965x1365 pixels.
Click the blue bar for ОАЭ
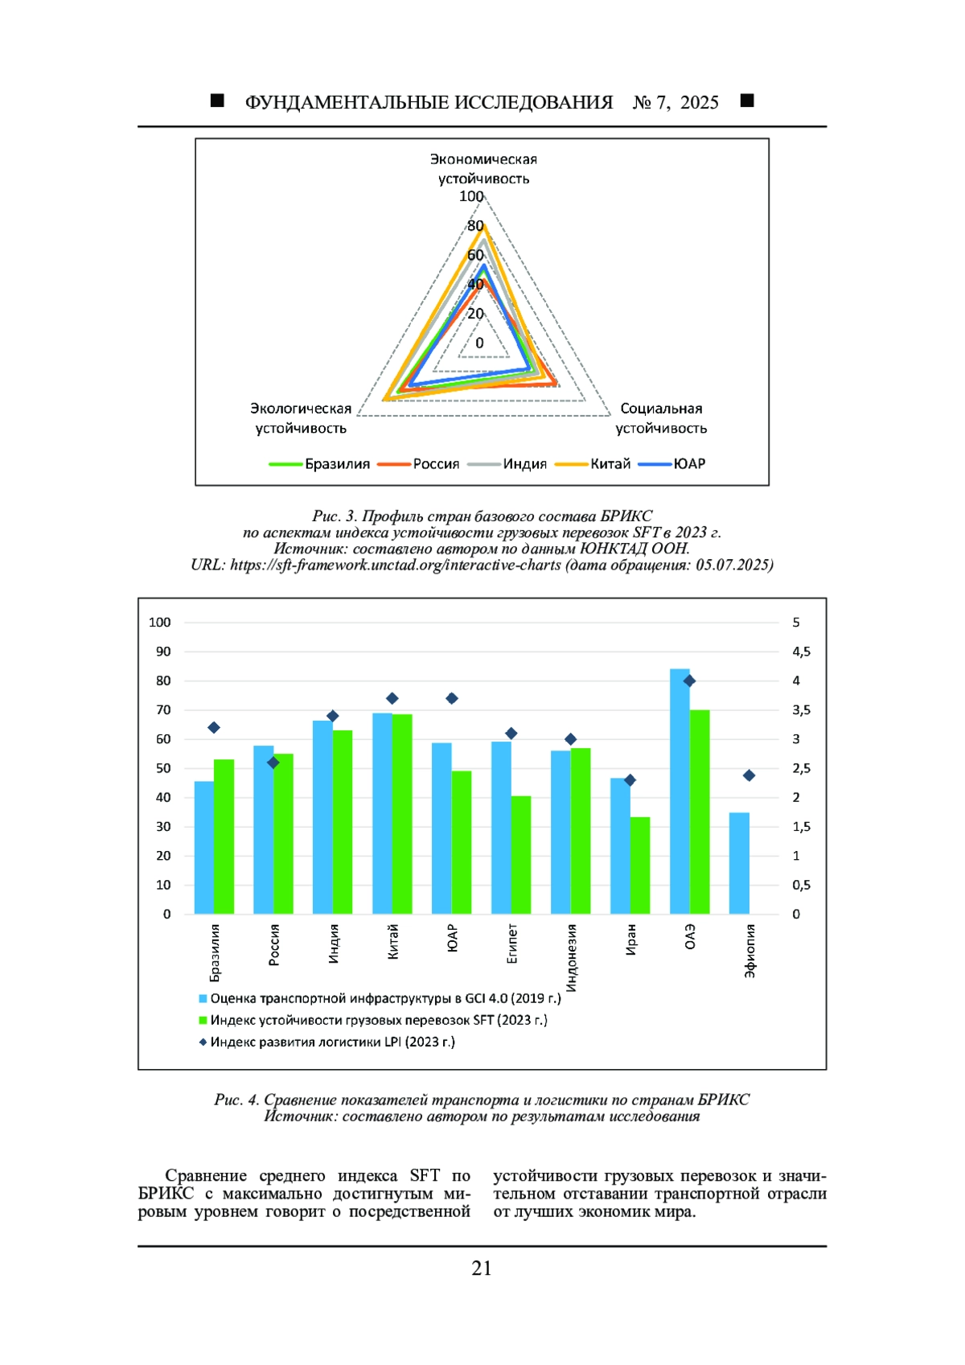pyautogui.click(x=680, y=792)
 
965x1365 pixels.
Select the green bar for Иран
pyautogui.click(x=640, y=865)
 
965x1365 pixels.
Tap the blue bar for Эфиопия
pyautogui.click(x=739, y=863)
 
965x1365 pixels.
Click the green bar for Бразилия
pyautogui.click(x=224, y=837)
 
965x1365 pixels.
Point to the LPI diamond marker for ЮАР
pyautogui.click(x=452, y=698)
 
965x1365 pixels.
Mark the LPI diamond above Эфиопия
pyautogui.click(x=749, y=775)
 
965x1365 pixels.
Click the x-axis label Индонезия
pyautogui.click(x=571, y=958)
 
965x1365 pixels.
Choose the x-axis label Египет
pyautogui.click(x=511, y=944)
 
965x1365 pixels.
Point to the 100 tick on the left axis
pyautogui.click(x=160, y=623)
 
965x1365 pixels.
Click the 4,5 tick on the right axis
pyautogui.click(x=801, y=652)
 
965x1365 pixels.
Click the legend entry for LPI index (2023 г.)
pyautogui.click(x=332, y=1042)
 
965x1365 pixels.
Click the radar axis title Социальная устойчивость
pyautogui.click(x=661, y=418)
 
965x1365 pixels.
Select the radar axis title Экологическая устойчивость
pyautogui.click(x=301, y=418)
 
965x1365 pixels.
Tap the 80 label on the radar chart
pyautogui.click(x=475, y=226)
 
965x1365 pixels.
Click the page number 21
pyautogui.click(x=482, y=1268)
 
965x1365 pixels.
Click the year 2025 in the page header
pyautogui.click(x=699, y=102)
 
